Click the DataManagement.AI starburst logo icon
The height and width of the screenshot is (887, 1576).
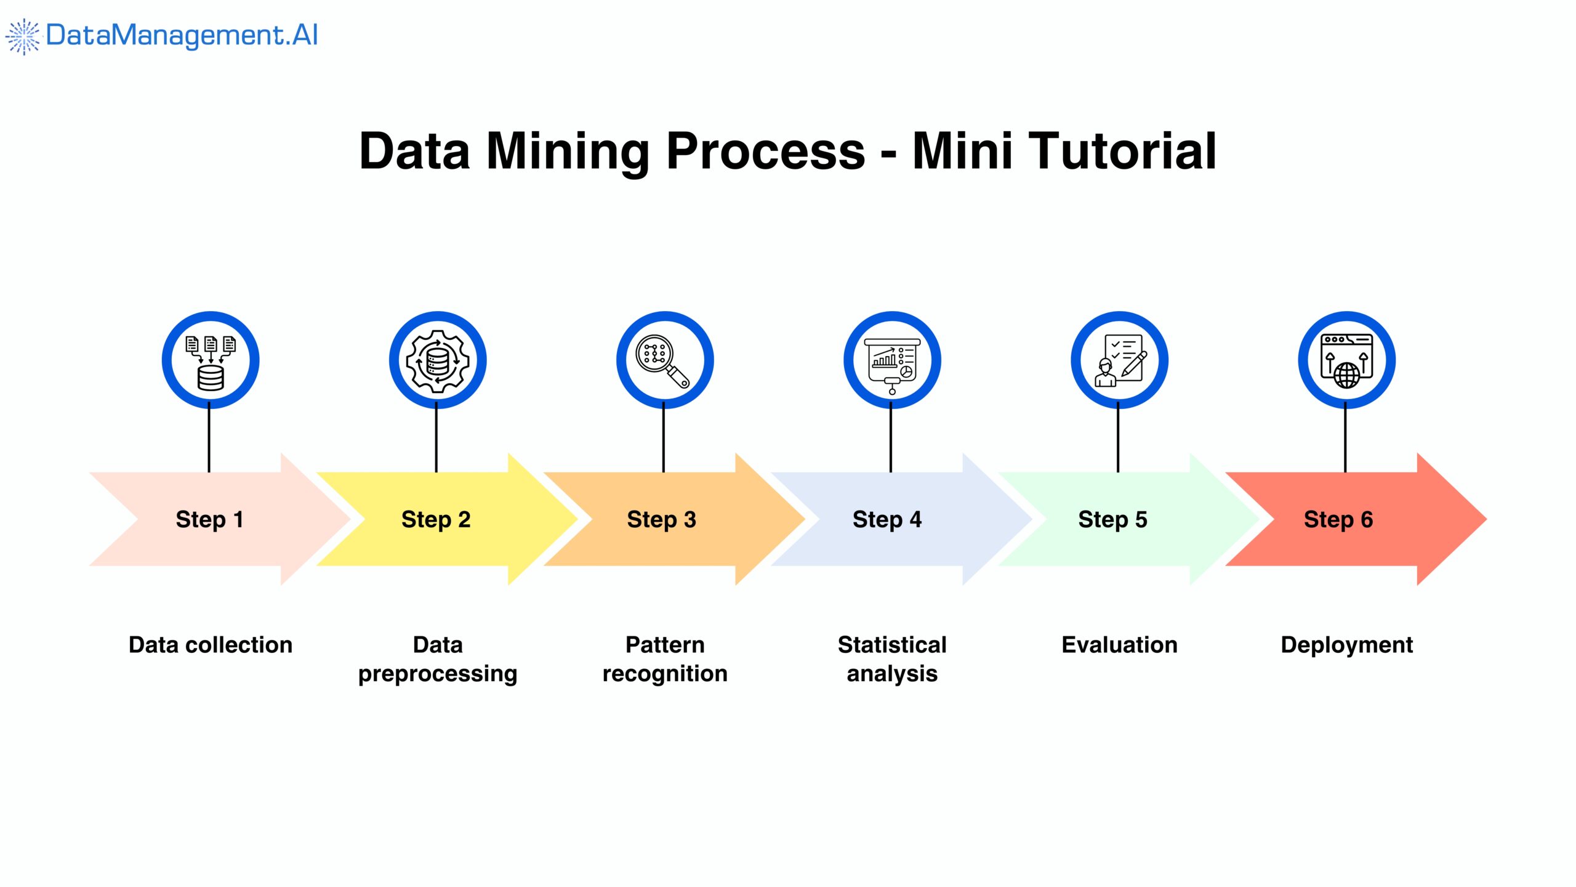tap(23, 36)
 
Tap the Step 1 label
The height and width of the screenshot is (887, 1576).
tap(209, 519)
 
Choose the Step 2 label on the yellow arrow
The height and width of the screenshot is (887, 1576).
tap(436, 519)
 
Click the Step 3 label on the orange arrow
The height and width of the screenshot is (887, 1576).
tap(661, 519)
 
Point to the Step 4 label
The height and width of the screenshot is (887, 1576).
tap(887, 519)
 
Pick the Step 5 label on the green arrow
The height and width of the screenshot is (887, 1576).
tap(1112, 519)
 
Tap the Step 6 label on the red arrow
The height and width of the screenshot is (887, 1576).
tap(1338, 519)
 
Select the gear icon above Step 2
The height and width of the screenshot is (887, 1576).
tap(438, 360)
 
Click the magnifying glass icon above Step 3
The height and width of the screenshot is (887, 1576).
tap(664, 360)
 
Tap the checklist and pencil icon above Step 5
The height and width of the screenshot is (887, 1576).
tap(1120, 360)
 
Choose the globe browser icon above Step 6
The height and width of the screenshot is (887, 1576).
tap(1347, 360)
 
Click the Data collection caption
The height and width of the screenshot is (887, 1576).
tap(211, 645)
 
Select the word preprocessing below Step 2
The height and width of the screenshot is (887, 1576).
tap(438, 674)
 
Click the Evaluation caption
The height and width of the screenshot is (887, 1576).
tap(1119, 645)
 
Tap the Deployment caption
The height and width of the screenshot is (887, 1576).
tap(1346, 645)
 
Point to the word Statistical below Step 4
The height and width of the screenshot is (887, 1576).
tap(892, 645)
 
